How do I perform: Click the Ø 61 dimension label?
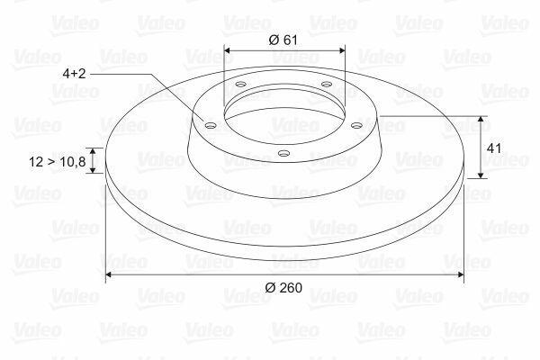click(x=283, y=40)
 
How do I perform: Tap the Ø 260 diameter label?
click(x=283, y=287)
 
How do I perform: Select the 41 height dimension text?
click(x=494, y=148)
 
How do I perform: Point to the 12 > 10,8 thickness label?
click(x=58, y=162)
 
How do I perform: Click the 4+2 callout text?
click(x=74, y=74)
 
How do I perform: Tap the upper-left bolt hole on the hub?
click(x=240, y=84)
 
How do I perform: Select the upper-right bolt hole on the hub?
click(x=327, y=84)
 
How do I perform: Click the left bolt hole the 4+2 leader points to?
click(x=210, y=125)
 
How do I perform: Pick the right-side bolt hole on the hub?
click(x=356, y=125)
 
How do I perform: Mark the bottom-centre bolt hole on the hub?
click(x=283, y=153)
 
